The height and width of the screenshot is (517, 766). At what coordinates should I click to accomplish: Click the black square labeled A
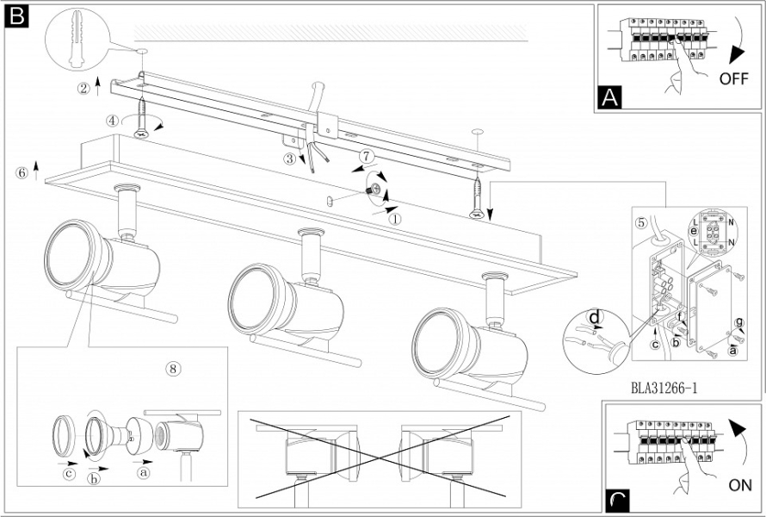609,98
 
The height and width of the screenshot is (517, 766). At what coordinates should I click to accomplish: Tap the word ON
739,485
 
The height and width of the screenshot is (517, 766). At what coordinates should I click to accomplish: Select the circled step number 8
173,368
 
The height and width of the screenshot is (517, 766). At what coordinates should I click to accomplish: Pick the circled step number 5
640,221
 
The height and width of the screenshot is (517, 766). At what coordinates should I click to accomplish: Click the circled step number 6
22,171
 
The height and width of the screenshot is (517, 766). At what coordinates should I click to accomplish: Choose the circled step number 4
113,121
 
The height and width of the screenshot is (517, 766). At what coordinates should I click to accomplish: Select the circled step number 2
83,87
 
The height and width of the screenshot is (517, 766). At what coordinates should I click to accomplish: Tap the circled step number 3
290,159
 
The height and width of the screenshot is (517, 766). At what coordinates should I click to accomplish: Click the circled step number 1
396,218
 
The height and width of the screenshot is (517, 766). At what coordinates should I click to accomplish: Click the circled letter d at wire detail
593,318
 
